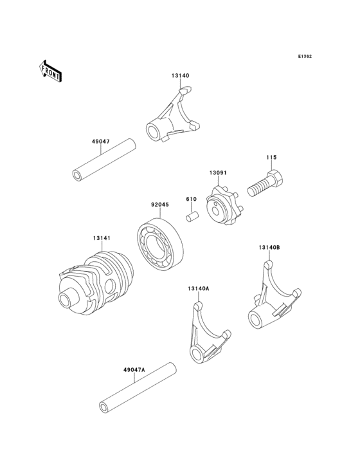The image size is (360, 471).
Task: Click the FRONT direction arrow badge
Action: [x=51, y=71]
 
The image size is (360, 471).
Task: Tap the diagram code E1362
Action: [x=305, y=57]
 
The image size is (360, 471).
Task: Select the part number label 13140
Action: [x=180, y=76]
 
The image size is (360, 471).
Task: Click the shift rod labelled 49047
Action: [x=104, y=161]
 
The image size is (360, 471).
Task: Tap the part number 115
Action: [x=272, y=158]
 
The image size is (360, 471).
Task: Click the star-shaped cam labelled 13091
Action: [x=221, y=207]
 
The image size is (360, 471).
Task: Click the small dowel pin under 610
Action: [x=192, y=216]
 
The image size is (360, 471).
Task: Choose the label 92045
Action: [x=160, y=206]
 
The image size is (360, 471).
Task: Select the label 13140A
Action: [x=198, y=289]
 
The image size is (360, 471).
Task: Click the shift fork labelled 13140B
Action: [x=271, y=299]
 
